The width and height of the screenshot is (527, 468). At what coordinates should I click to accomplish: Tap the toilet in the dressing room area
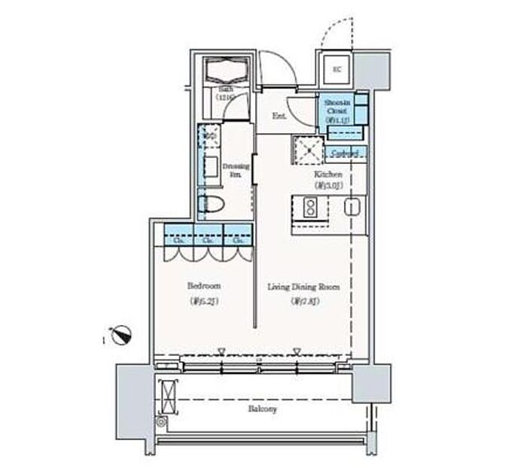(213, 203)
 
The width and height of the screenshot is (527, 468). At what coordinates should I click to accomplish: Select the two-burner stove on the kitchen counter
(309, 207)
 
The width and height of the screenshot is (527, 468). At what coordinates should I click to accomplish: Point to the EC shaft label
(337, 70)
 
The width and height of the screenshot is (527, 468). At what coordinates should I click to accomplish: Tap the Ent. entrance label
(279, 117)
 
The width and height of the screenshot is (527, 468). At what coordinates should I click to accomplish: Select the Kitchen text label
(328, 175)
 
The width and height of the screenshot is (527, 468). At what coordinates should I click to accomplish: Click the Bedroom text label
(203, 287)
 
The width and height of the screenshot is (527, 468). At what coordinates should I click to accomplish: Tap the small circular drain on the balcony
(160, 422)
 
